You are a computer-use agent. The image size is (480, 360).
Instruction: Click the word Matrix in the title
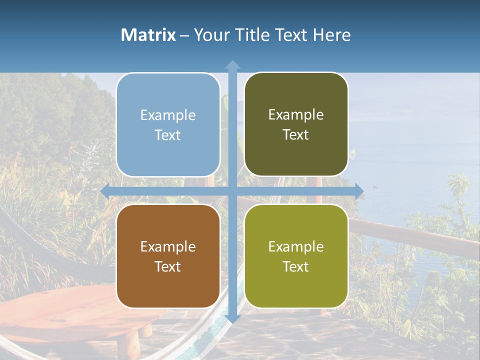pos(148,35)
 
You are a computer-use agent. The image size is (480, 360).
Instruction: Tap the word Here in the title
pos(331,35)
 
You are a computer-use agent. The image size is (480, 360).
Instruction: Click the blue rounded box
pos(168,124)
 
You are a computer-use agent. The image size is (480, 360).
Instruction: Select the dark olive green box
pos(296,124)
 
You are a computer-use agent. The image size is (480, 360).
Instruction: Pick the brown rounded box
pos(168,256)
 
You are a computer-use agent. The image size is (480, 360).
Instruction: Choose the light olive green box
pos(296,256)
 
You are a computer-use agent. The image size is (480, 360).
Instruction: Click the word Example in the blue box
pos(168,115)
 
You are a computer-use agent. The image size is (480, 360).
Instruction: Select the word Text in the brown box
pos(168,266)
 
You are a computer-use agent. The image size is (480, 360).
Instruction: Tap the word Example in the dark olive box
pos(296,114)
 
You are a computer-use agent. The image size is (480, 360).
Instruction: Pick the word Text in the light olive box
pos(296,266)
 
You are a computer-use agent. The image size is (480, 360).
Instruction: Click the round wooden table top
pos(60,310)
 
